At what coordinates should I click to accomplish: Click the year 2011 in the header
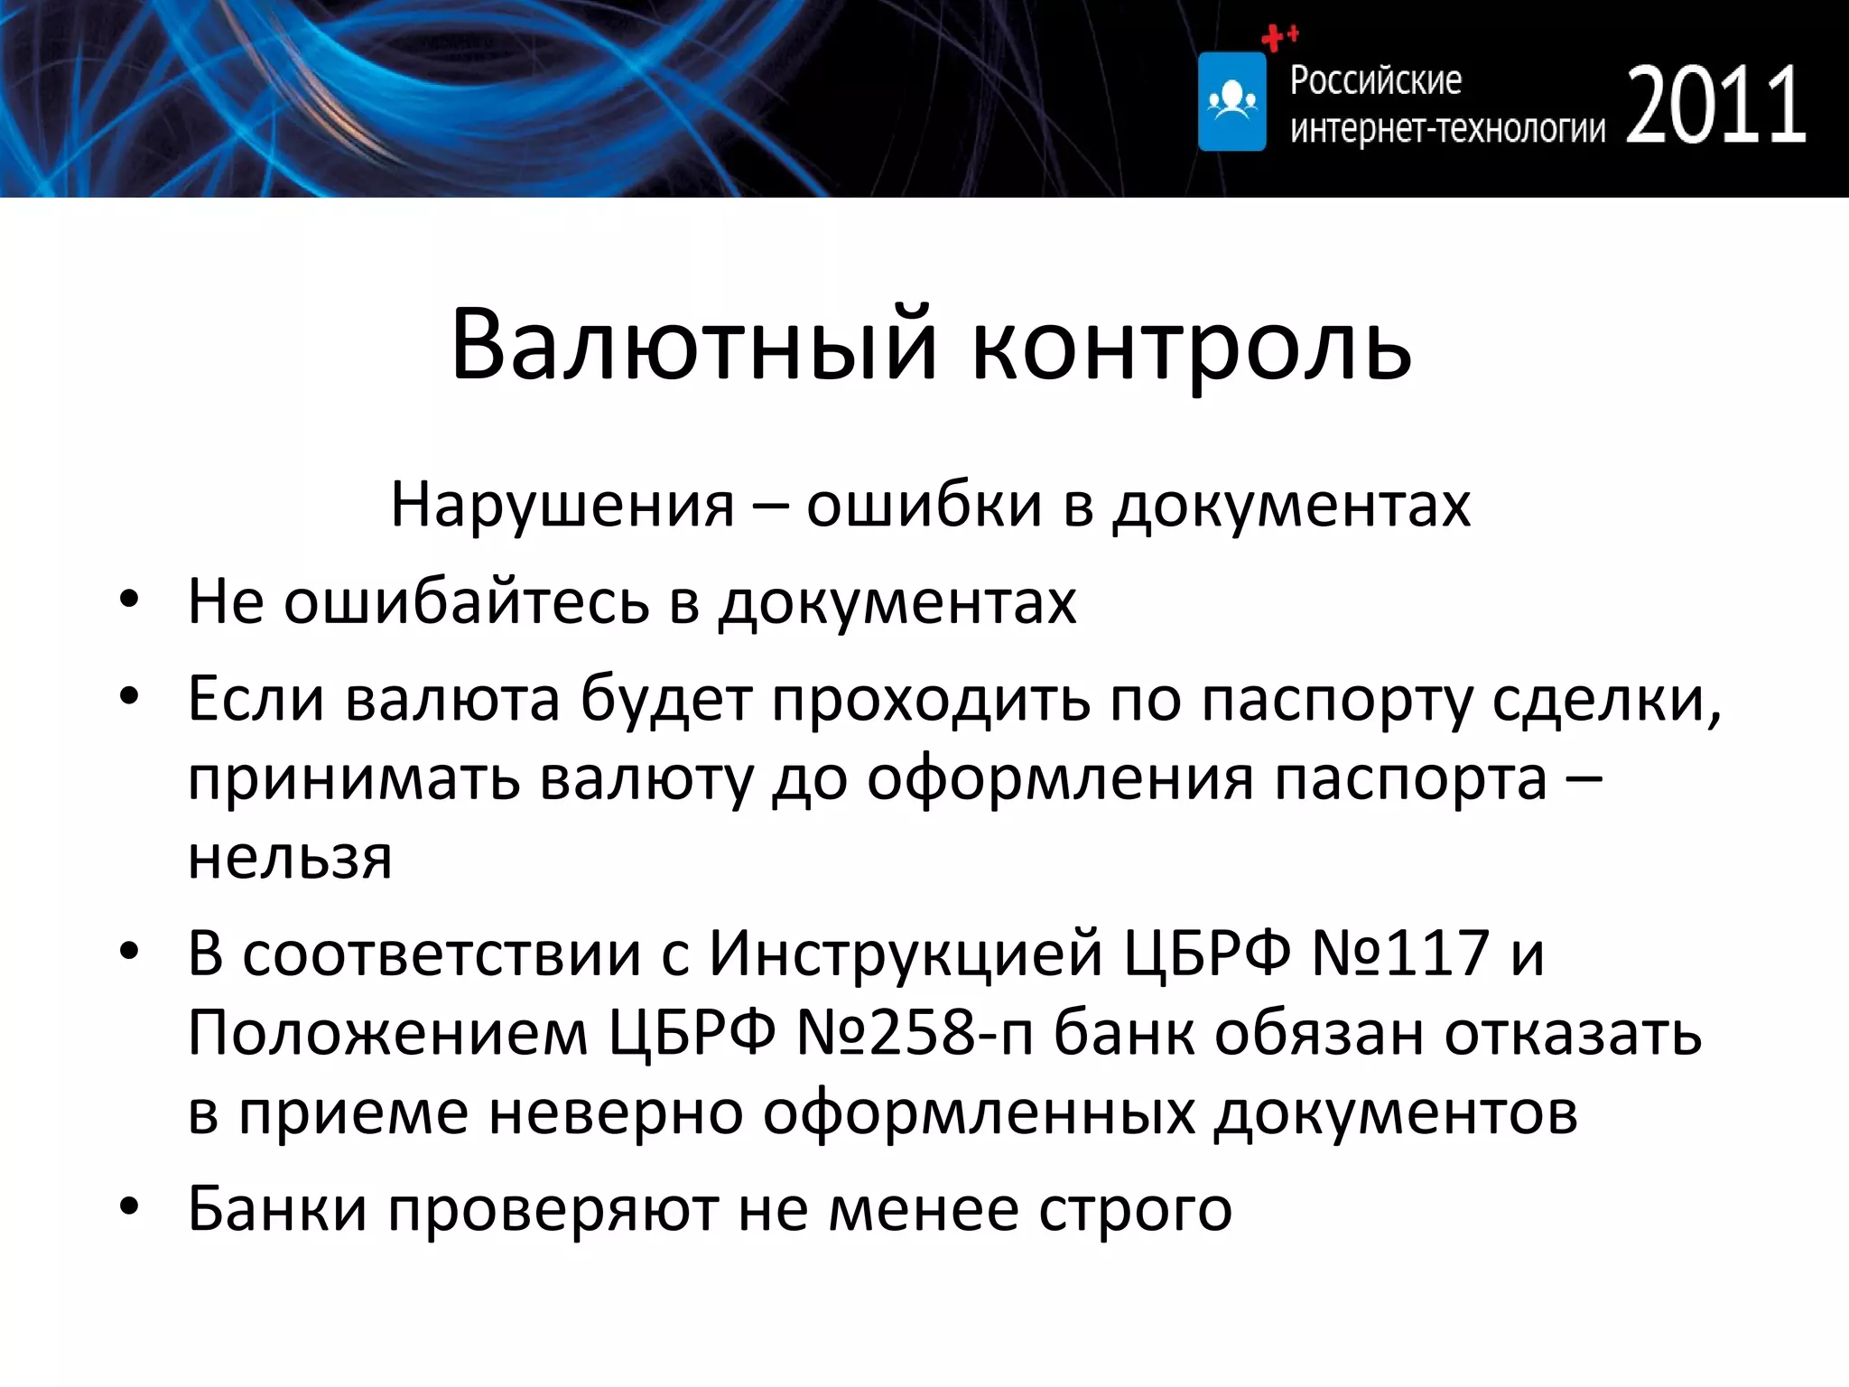tap(1715, 106)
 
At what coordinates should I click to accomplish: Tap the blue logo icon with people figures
tap(1231, 101)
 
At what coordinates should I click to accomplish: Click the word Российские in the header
tap(1375, 80)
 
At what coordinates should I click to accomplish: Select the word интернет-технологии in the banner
tap(1447, 129)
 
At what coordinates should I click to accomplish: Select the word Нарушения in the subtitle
tap(562, 505)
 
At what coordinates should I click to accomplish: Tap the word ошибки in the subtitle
tap(924, 505)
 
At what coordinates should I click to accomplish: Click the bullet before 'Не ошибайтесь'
tap(129, 600)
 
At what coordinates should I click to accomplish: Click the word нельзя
tap(290, 857)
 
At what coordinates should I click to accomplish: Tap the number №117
tap(1399, 953)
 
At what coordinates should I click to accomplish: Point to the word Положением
tap(387, 1032)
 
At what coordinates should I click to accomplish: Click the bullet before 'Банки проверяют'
tap(129, 1207)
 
